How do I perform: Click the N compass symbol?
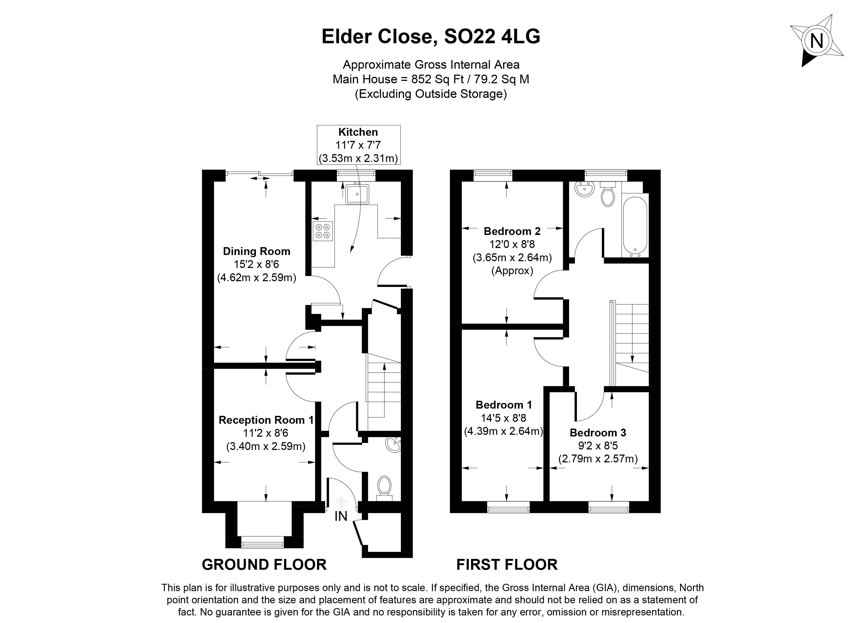point(816,41)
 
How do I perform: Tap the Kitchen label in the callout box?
point(358,132)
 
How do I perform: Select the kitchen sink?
point(357,194)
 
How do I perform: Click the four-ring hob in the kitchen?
point(323,231)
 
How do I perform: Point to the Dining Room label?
point(256,251)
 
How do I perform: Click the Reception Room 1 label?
point(266,420)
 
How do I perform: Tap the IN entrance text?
point(341,516)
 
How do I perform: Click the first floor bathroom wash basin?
point(584,189)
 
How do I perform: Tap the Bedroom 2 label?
point(512,231)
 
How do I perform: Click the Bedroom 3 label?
point(598,433)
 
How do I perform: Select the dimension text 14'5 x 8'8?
point(503,418)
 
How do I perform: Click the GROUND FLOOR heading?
point(264,565)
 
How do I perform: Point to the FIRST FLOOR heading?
point(507,565)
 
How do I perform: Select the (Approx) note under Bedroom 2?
point(512,270)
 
